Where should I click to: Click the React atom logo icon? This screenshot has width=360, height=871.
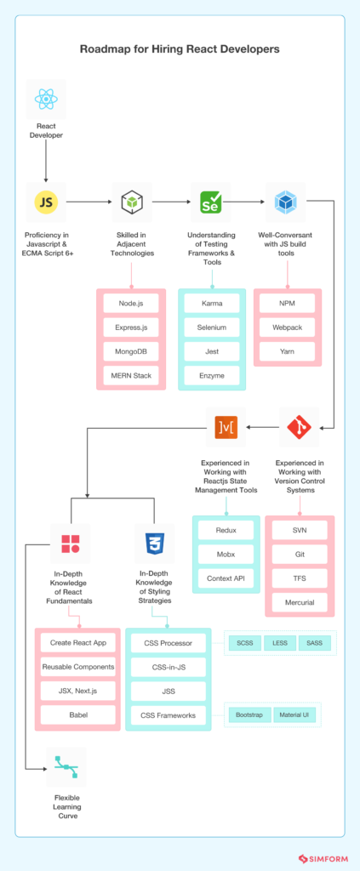46,101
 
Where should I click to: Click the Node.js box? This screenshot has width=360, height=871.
131,303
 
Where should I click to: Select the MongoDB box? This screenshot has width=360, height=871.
131,351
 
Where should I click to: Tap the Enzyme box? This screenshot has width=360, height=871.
212,375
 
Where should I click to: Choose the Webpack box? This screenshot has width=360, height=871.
286,327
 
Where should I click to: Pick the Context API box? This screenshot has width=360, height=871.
226,578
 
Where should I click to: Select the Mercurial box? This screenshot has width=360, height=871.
300,602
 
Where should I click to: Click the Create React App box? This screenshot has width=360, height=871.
77,643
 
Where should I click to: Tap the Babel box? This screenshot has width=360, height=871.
77,715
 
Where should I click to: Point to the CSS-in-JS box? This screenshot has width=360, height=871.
166,668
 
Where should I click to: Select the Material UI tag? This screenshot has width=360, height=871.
295,715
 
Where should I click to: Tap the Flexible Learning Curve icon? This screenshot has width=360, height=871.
66,768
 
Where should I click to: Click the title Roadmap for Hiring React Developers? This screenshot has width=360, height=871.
180,49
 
